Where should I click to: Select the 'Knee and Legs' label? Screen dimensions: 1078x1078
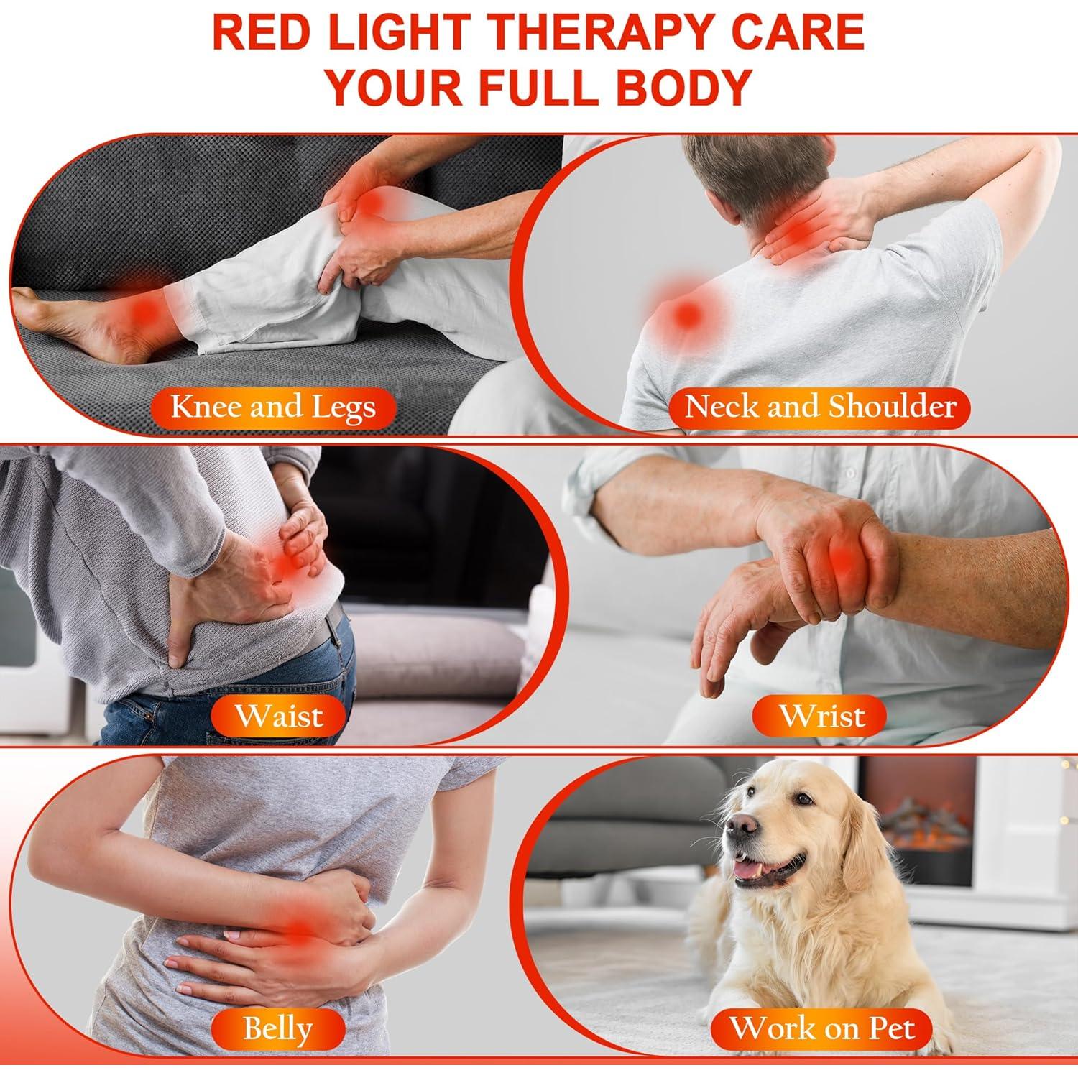273,407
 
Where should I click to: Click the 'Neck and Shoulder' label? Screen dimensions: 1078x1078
820,407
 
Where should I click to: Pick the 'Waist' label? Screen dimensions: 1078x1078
279,716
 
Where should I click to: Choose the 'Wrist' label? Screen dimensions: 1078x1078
822,716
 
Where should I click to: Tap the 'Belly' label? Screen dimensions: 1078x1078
277,1028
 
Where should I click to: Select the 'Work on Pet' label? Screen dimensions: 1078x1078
822,1028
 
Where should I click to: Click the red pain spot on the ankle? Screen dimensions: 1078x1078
144,310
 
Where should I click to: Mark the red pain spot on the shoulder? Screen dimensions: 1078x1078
688,313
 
